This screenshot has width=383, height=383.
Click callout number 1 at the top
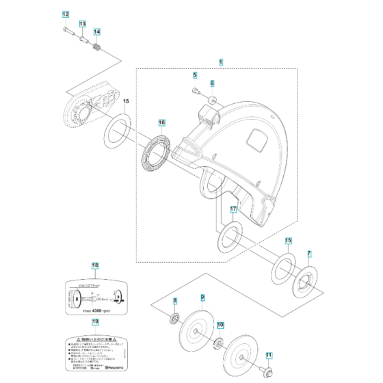(x=221, y=62)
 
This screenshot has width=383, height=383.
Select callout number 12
(x=66, y=15)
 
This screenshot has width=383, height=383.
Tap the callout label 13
(x=81, y=24)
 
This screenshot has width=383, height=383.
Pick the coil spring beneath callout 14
(x=97, y=48)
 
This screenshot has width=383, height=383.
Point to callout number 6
(x=212, y=83)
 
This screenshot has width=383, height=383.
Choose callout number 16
(x=162, y=123)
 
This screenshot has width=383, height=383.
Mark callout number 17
(x=233, y=209)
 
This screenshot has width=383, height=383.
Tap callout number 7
(x=309, y=254)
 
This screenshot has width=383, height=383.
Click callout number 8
(x=175, y=300)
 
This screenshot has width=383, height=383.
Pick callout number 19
(x=96, y=321)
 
